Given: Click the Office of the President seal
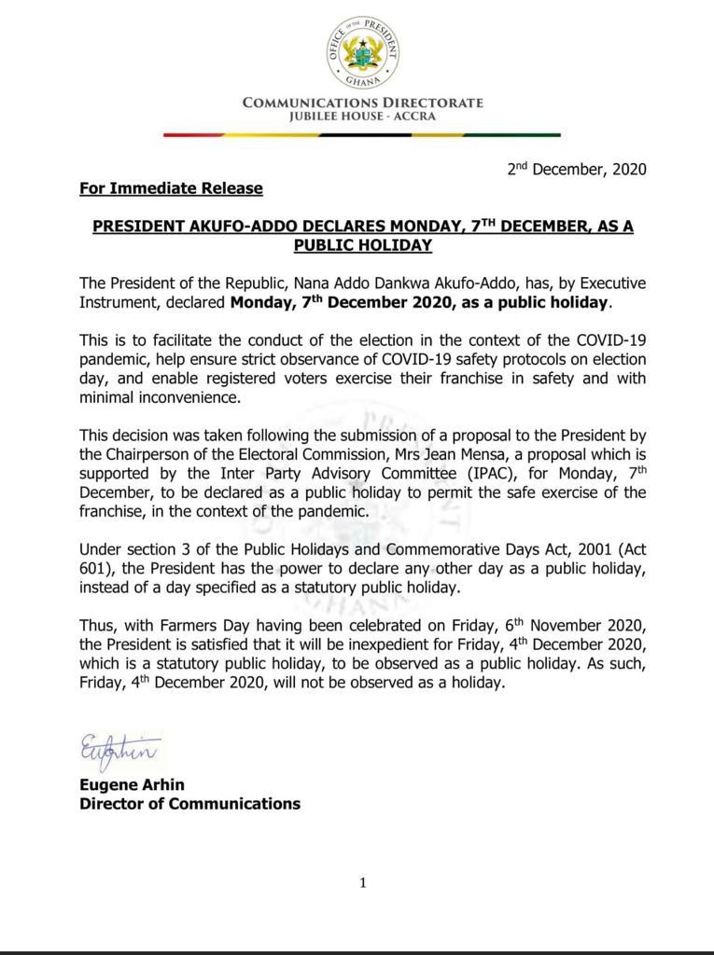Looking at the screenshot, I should [363, 52].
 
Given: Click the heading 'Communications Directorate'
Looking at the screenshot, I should [363, 103].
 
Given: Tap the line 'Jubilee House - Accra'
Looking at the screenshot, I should [362, 118].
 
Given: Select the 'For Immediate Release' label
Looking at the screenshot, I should [171, 188].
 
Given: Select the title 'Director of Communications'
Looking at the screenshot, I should [189, 804].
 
